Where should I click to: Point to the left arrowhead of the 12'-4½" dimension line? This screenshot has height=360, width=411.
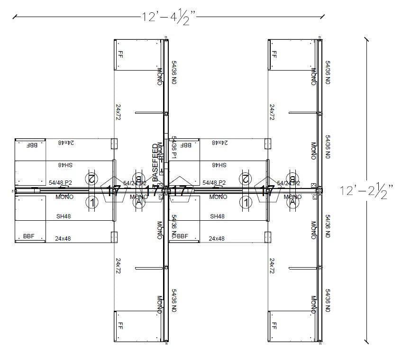[15, 17]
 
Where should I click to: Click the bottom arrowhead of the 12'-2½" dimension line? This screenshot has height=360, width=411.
[366, 340]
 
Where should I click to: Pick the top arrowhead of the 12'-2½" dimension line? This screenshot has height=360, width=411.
[366, 38]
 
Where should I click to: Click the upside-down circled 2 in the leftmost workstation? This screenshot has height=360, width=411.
[91, 179]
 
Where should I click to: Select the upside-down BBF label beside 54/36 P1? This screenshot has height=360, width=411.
[186, 145]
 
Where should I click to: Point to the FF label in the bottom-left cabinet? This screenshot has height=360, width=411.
[120, 326]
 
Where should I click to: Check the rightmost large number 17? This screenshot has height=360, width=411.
[267, 191]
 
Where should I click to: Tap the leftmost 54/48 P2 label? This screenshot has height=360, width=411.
[60, 182]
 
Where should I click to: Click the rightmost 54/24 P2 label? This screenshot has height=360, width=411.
[288, 183]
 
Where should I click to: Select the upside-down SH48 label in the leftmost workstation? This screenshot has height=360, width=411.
[65, 165]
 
